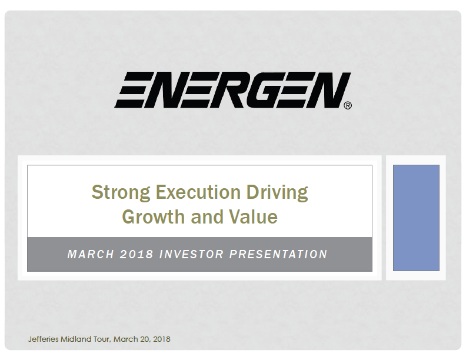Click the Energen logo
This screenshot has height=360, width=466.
[232, 90]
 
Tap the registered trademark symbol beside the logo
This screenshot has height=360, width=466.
[348, 105]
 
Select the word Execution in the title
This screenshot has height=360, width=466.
[198, 192]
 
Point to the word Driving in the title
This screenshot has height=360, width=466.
[277, 192]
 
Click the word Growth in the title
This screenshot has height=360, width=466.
[154, 216]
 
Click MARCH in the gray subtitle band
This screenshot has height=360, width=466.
[91, 254]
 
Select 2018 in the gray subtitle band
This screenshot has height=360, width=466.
[137, 254]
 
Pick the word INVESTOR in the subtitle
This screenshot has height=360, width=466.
[191, 254]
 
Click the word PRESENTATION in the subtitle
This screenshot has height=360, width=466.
[278, 254]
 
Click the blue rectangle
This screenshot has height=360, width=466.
[416, 218]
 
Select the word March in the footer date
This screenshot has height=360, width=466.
[122, 339]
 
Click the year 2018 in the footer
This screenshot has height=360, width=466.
[162, 339]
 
